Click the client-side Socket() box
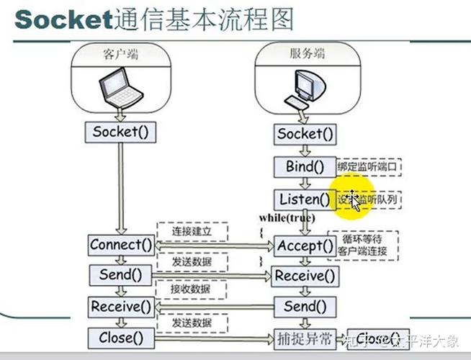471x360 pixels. [x=121, y=132]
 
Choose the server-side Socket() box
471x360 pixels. [x=305, y=134]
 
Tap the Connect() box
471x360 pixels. [x=121, y=245]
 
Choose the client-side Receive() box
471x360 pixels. [x=121, y=307]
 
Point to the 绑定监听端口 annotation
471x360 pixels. [x=368, y=167]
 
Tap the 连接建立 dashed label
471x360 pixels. [x=191, y=230]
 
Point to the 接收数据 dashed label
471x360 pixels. [x=191, y=289]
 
